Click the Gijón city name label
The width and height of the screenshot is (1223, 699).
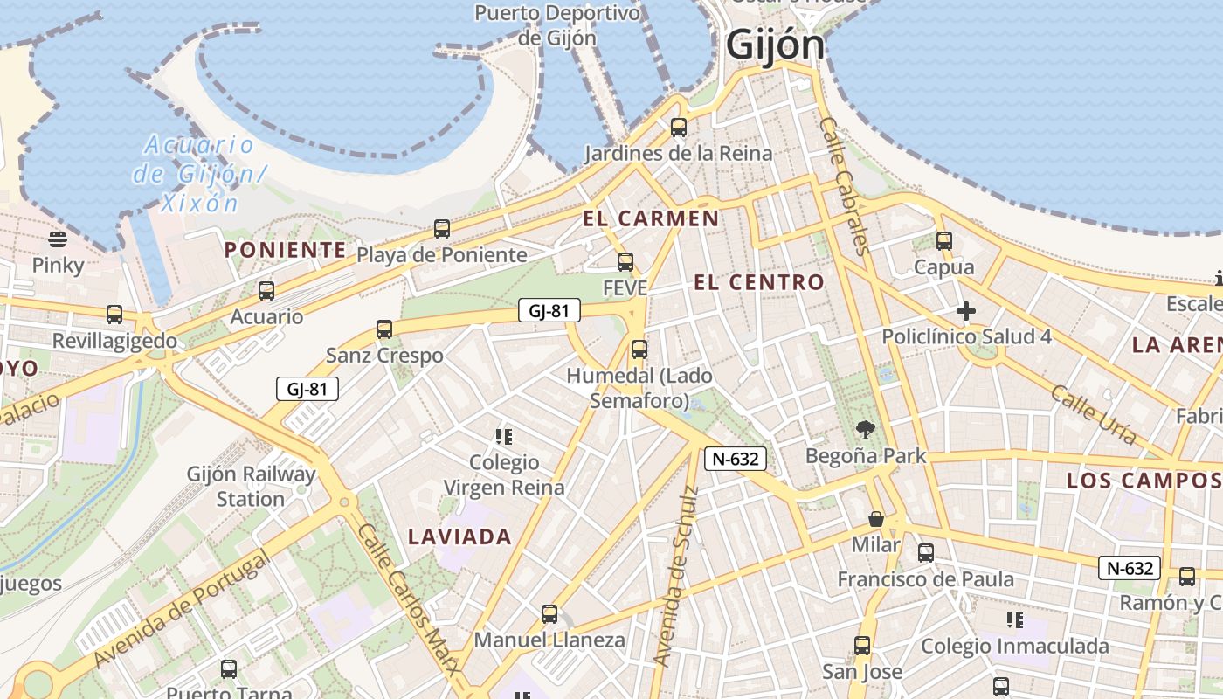point(775,45)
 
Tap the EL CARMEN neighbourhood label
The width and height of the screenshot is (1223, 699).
point(651,218)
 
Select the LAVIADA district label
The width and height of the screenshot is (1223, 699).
point(459,536)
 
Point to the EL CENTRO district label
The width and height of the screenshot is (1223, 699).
point(758,281)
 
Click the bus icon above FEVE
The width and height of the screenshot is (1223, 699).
point(625,261)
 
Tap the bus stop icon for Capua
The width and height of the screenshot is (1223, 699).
point(943,241)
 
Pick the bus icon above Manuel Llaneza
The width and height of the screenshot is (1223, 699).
point(549,614)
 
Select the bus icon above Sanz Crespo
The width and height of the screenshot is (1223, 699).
point(384,329)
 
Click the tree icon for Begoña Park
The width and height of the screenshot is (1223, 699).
point(866,429)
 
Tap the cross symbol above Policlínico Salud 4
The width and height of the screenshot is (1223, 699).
point(966,311)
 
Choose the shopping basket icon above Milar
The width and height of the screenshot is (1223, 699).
point(876,519)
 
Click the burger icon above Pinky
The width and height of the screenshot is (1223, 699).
point(58,239)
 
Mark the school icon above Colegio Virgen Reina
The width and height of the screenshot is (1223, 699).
point(503,436)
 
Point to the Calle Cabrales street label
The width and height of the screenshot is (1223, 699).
point(846,186)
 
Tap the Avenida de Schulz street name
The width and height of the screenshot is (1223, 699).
point(676,576)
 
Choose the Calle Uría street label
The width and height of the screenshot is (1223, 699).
point(1094,414)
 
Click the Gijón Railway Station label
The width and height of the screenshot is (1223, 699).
point(251,487)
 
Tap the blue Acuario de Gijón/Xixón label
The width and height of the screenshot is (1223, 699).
point(198,173)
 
